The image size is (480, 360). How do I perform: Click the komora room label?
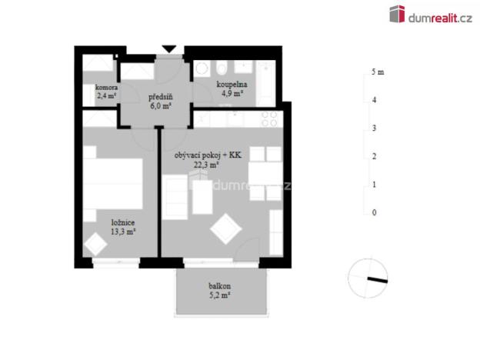[106, 88]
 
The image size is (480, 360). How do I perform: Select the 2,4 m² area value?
[106, 96]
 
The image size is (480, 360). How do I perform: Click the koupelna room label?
[229, 85]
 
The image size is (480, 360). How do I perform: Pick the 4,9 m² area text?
[229, 94]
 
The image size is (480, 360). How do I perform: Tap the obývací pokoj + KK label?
[207, 155]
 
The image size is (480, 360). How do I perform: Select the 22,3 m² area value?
[207, 165]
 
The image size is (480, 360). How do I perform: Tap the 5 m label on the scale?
[377, 72]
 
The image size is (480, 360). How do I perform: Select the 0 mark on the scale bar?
[374, 212]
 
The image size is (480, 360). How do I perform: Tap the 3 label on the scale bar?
[374, 128]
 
